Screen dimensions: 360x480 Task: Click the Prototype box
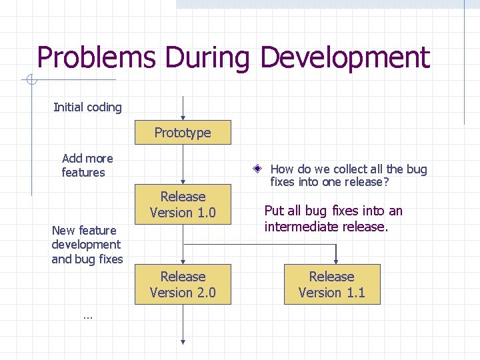tap(183, 133)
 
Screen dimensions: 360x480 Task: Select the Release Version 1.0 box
tap(183, 205)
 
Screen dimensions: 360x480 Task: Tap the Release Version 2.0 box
tap(183, 285)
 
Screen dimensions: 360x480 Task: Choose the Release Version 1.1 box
tap(331, 285)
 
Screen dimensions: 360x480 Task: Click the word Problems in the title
tap(97, 58)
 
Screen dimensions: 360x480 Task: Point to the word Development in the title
tap(345, 58)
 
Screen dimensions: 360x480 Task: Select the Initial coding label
tap(87, 107)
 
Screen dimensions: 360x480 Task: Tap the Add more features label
tap(87, 165)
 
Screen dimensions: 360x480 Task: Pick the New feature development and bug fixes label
tap(87, 245)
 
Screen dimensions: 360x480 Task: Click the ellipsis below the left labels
tap(87, 316)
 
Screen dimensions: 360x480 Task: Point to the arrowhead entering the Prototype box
tap(183, 117)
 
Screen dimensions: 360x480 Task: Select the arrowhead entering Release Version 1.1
tap(336, 261)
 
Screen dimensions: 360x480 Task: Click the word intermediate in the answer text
tap(297, 227)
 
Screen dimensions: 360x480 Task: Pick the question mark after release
tap(386, 181)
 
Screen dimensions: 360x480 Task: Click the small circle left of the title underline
tap(30, 81)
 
